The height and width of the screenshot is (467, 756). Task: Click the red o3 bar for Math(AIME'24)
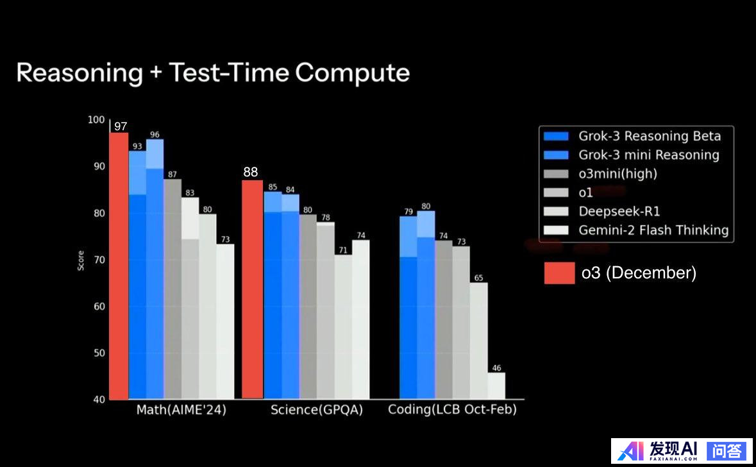click(119, 266)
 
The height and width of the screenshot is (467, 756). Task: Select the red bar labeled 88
click(253, 289)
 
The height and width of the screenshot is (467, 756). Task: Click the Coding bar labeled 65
click(478, 341)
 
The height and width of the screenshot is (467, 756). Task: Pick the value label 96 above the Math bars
click(155, 135)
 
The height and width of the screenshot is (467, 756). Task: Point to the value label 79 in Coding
click(408, 212)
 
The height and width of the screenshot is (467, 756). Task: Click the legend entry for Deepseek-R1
click(619, 211)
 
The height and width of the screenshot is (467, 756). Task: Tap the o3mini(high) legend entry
click(617, 173)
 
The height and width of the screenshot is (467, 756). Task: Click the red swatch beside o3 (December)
click(559, 273)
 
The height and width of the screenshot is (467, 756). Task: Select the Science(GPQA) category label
click(317, 410)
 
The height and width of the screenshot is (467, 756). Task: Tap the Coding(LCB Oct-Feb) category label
click(452, 410)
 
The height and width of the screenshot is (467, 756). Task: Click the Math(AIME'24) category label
click(181, 410)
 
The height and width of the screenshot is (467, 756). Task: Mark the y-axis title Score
click(81, 260)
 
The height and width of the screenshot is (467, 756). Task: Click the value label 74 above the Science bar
click(361, 235)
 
